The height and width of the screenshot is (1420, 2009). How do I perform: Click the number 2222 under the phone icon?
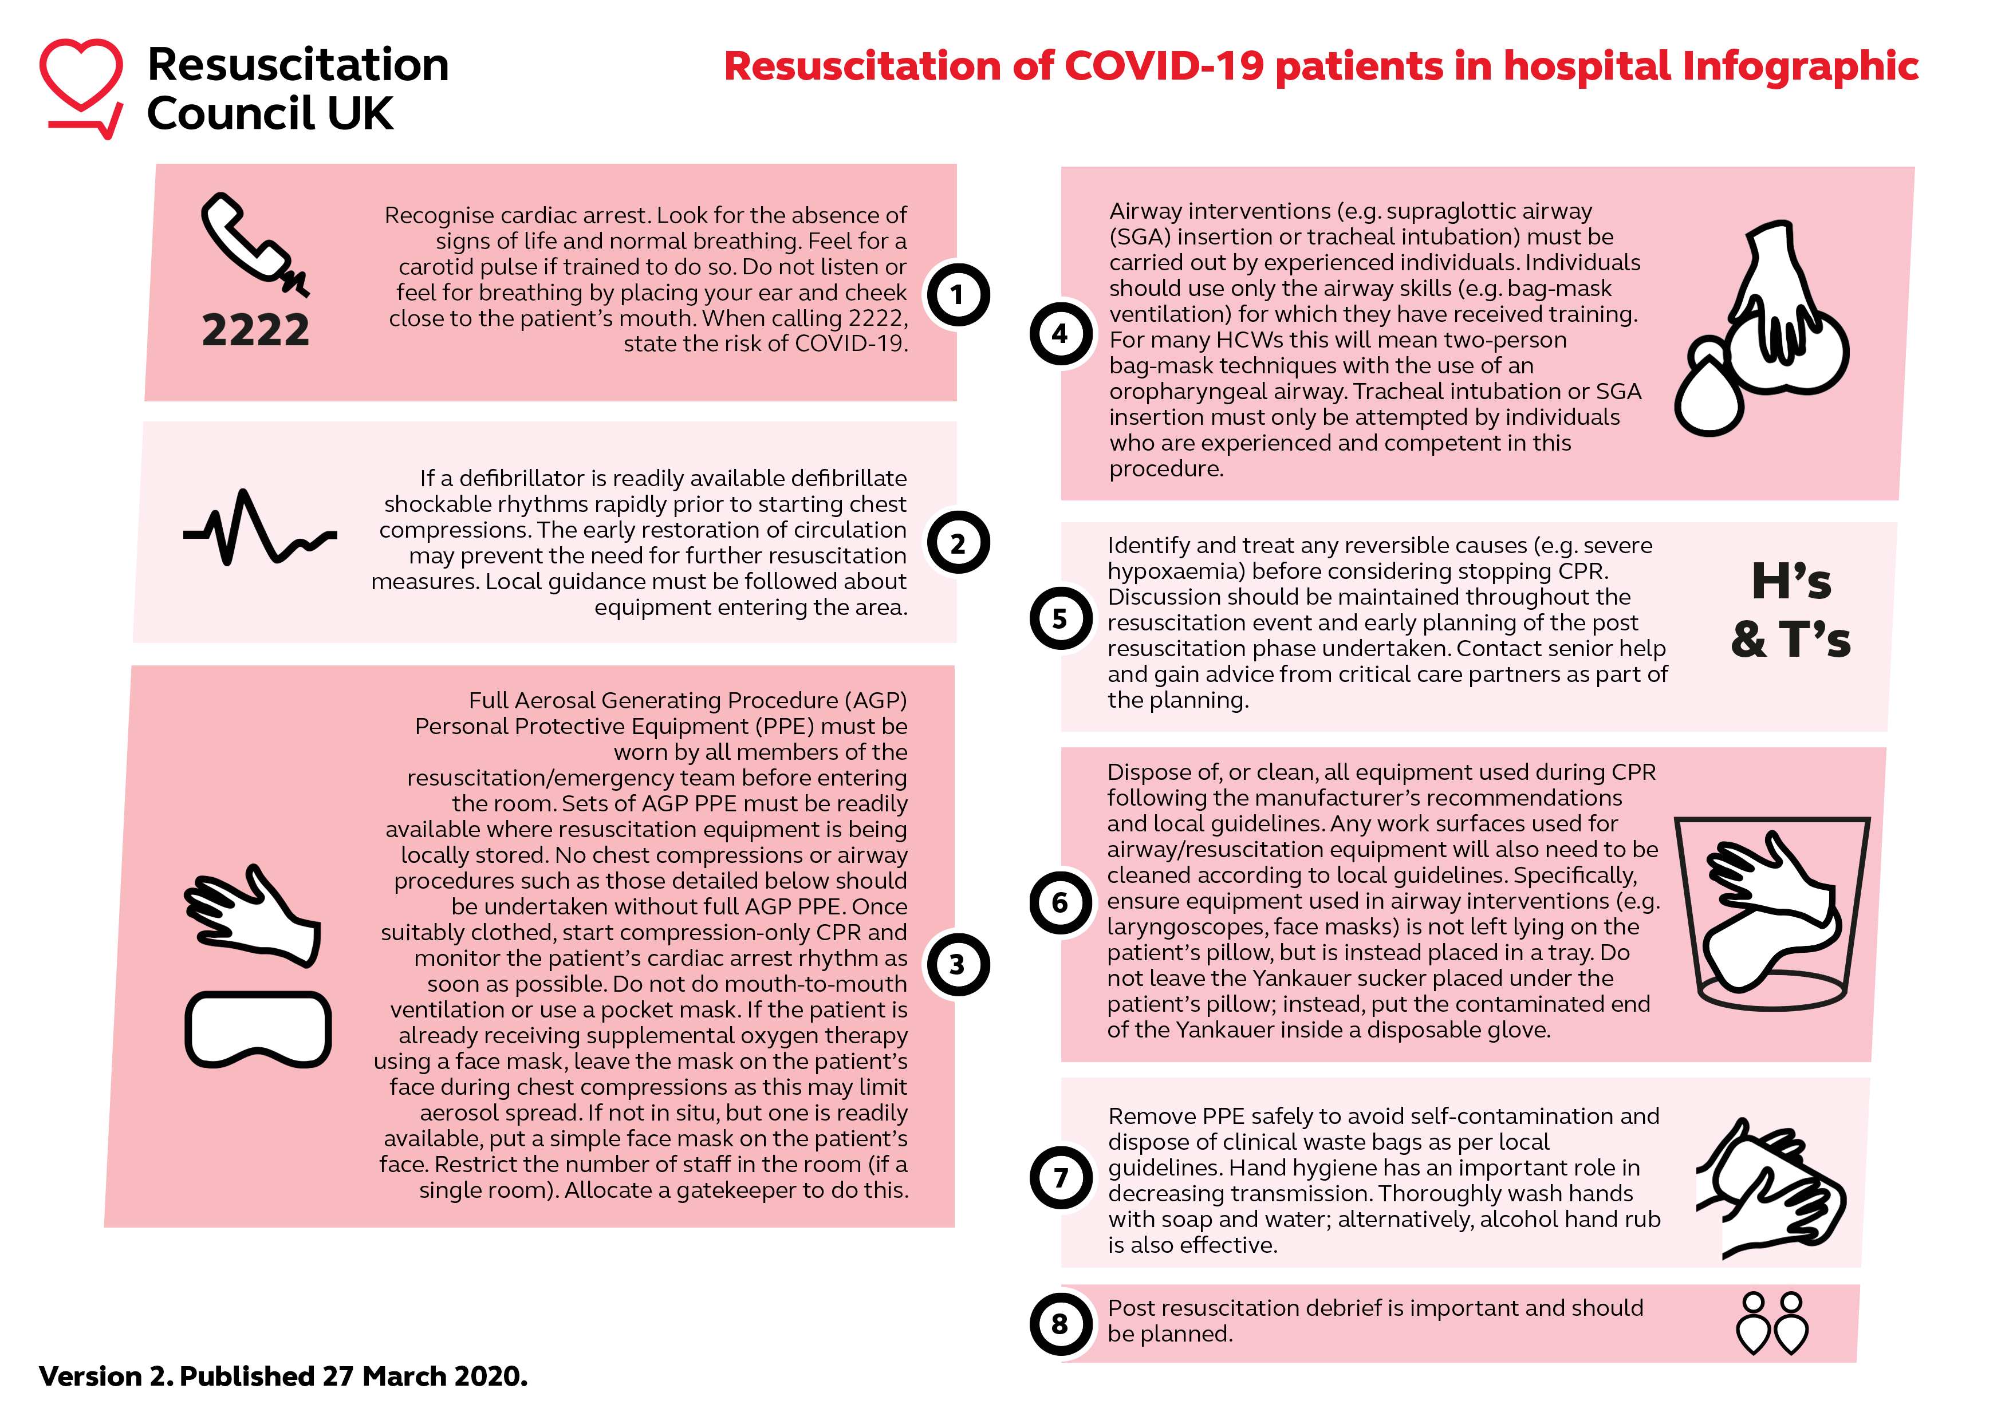255,331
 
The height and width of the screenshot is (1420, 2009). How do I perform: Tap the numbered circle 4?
1061,333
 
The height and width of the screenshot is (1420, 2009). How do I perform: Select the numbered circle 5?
1061,618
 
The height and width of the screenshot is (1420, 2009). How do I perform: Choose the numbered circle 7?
1061,1178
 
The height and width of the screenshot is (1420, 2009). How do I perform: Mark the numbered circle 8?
1061,1324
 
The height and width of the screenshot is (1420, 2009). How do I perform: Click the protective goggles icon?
258,1029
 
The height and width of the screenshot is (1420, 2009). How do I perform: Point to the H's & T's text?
1790,610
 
